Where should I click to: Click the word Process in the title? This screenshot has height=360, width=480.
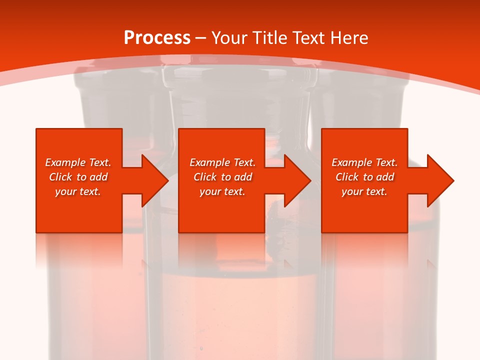(157, 38)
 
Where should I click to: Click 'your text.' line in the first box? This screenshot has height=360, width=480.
(78, 192)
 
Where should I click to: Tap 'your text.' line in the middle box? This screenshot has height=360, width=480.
(222, 192)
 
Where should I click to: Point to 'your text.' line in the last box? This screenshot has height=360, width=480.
(364, 192)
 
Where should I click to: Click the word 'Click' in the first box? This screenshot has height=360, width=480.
(60, 177)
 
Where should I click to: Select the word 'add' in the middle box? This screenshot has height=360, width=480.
(243, 177)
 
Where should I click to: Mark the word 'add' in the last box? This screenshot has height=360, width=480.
(385, 177)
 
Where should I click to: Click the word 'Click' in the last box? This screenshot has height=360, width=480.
(347, 177)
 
